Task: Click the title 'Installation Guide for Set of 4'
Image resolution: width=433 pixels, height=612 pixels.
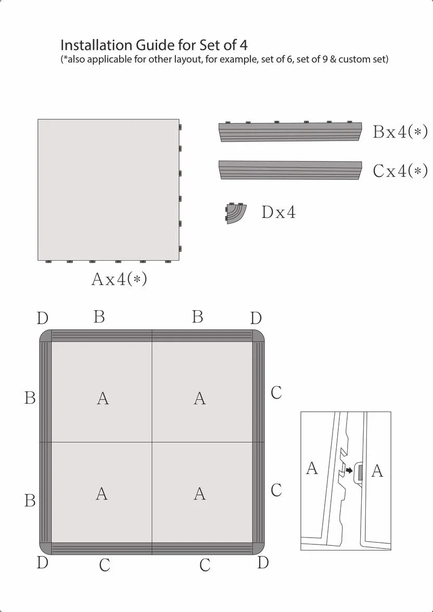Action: (154, 45)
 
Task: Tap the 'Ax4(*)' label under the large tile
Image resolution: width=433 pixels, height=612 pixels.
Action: (119, 279)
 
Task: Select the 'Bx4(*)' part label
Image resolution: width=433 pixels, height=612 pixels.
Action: (400, 132)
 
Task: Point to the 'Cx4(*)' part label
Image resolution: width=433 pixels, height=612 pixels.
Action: (400, 171)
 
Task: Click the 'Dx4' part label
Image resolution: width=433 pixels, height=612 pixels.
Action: (278, 212)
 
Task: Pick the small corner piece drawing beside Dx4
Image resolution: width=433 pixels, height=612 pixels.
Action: (236, 213)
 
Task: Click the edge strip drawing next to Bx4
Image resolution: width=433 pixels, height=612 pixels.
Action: (290, 131)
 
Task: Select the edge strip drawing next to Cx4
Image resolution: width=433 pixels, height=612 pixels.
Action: (290, 170)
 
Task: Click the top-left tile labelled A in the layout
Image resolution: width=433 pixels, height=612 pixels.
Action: (101, 392)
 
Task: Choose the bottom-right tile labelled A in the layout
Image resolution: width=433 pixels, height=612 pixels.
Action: (202, 492)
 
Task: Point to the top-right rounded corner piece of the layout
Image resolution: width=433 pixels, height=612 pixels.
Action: (259, 336)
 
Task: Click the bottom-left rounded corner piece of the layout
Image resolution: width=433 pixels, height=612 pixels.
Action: (46, 549)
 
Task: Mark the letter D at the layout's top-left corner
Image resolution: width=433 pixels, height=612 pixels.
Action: (43, 318)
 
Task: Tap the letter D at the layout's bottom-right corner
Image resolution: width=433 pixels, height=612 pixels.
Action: (263, 563)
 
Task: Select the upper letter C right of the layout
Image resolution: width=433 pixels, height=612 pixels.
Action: (276, 392)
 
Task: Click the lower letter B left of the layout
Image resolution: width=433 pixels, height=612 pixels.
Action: (30, 501)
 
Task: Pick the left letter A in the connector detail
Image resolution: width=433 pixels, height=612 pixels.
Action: (312, 467)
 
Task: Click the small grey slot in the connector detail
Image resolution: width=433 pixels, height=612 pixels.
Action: (360, 473)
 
